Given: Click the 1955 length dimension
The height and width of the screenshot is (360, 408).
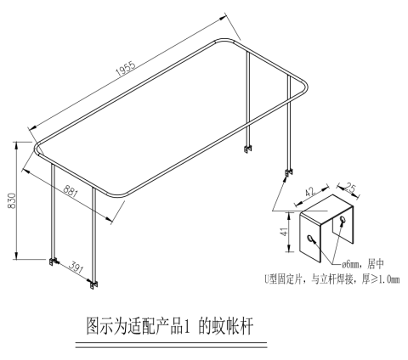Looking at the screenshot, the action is tap(126, 69).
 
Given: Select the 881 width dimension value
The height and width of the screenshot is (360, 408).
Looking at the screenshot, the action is tap(71, 191).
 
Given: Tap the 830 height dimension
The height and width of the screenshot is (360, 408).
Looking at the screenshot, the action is tap(12, 200).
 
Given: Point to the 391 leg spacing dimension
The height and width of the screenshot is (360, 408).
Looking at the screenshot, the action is tap(76, 267).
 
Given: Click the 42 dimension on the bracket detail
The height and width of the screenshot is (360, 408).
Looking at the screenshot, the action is tap(310, 192).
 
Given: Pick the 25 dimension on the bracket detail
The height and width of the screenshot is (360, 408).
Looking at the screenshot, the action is tap(350, 188).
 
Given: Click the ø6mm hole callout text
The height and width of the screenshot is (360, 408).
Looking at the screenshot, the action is tap(363, 264).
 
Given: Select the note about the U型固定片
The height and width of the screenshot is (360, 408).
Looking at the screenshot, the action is tap(332, 279).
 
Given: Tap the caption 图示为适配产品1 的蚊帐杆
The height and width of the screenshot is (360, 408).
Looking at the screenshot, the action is tap(169, 326).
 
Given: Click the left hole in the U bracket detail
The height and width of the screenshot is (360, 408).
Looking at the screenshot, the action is tap(310, 239).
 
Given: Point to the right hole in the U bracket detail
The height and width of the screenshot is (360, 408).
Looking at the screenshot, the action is tap(343, 220).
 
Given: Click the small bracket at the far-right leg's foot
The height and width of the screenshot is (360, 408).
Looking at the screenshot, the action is tap(289, 172).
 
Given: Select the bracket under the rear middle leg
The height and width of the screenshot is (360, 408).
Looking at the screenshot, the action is tap(248, 149).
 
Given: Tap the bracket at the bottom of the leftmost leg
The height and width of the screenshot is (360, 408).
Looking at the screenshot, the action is tap(54, 262).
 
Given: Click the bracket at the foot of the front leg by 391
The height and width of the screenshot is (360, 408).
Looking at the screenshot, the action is tap(94, 284).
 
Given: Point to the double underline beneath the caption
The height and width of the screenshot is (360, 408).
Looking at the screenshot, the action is tap(171, 345).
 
